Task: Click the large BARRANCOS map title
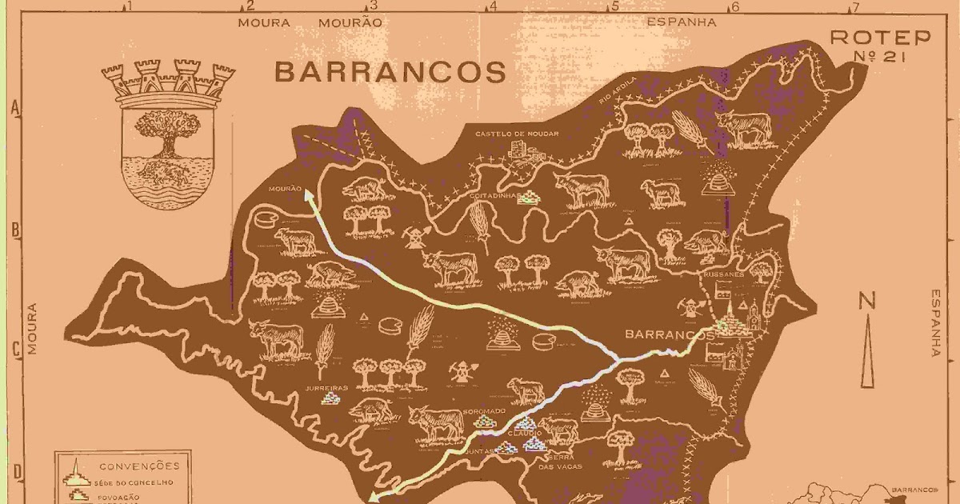(390, 72)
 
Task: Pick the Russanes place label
(724, 273)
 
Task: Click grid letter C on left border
(14, 350)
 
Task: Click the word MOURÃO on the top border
(350, 22)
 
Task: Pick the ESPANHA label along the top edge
(681, 22)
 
